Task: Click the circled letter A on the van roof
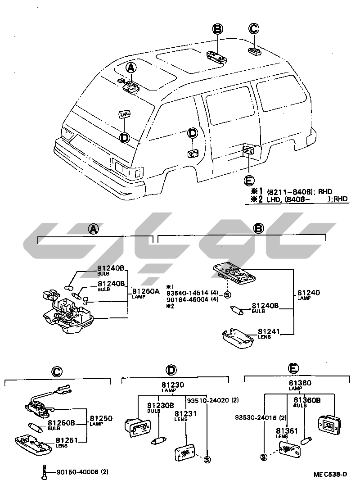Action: coord(130,68)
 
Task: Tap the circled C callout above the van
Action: coord(254,29)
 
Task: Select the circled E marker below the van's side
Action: coord(248,181)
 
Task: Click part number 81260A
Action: coord(145,291)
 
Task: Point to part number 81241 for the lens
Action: coord(270,331)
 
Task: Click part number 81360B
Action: coord(307,400)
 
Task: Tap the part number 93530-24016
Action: coord(254,417)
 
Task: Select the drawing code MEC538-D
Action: coord(331,474)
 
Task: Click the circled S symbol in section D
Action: coord(207,459)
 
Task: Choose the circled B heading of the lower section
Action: coord(258,229)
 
